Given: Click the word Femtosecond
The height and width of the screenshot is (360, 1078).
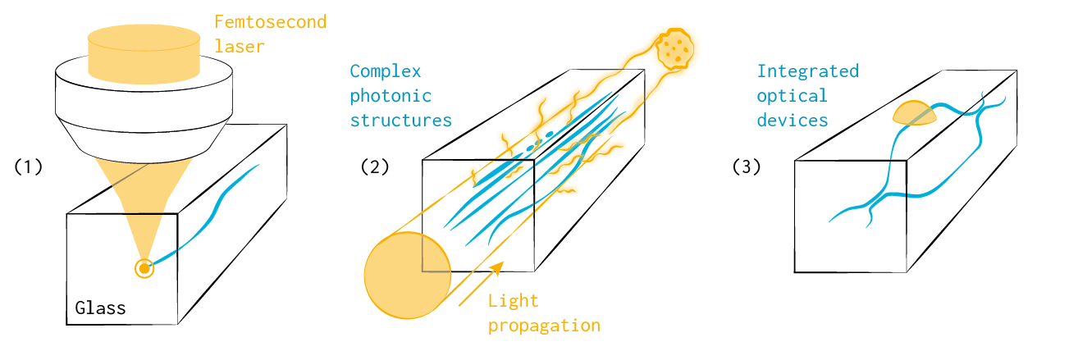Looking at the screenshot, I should pos(270,21).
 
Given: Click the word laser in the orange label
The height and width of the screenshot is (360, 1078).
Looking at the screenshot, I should pos(240,46).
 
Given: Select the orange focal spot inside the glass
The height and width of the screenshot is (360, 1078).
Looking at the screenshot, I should pos(144,268).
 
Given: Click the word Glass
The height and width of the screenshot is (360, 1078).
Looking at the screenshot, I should pos(100,308).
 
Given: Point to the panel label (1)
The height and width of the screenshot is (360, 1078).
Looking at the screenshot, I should pos(28,166).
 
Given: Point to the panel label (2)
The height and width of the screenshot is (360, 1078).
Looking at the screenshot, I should pos(374,166).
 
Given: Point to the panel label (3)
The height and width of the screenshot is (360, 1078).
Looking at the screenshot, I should pos(747,166).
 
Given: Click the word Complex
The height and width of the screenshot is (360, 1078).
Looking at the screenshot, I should pos(381,71).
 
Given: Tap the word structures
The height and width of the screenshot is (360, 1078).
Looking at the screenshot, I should pos(401,121).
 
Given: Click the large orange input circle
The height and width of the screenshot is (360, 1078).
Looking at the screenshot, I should pos(407,276).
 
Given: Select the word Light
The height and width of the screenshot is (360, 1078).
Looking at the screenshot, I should pos(514,301).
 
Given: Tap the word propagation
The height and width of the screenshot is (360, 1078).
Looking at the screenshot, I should pos(544,326).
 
